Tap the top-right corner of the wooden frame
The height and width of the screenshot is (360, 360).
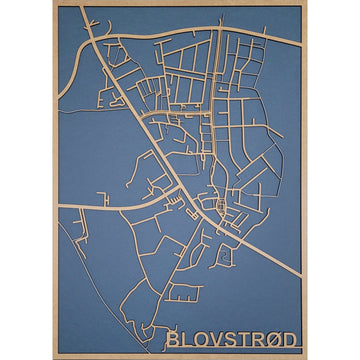(x=306, y=3)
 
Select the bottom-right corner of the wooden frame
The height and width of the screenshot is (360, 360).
(x=306, y=357)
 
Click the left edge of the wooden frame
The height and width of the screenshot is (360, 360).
(x=54, y=180)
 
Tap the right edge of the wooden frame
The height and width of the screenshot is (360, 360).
(x=306, y=180)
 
